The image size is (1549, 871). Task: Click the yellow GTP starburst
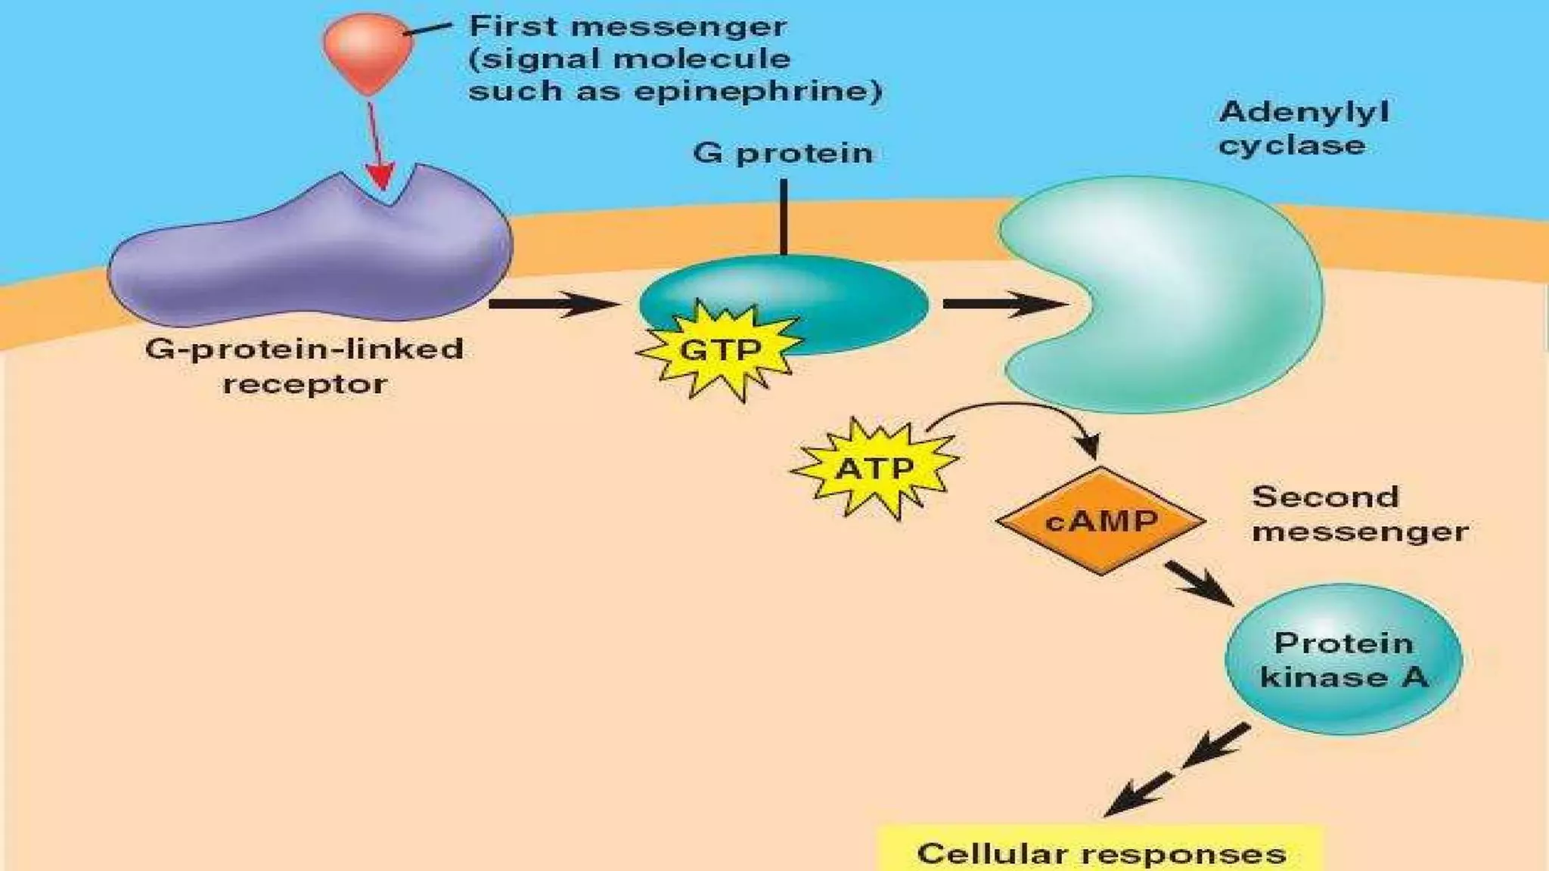(719, 350)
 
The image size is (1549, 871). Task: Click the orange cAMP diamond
(1100, 521)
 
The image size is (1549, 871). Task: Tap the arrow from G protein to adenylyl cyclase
(1002, 304)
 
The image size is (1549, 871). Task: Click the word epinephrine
(757, 91)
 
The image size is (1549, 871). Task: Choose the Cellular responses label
(1101, 854)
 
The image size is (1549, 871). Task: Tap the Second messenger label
(1359, 514)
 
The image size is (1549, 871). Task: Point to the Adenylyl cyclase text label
(1303, 129)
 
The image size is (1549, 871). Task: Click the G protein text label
(783, 153)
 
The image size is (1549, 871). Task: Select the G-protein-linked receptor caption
(304, 366)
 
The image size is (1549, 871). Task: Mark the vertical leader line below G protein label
(784, 217)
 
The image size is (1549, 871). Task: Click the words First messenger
(628, 26)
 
